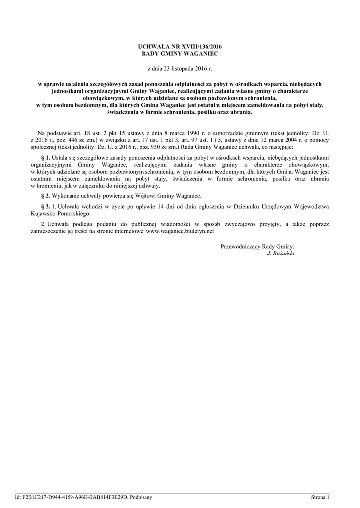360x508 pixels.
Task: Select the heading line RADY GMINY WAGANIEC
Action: pos(180,53)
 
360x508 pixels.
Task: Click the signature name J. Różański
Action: pos(281,254)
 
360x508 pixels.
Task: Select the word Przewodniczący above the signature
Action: pos(240,246)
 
